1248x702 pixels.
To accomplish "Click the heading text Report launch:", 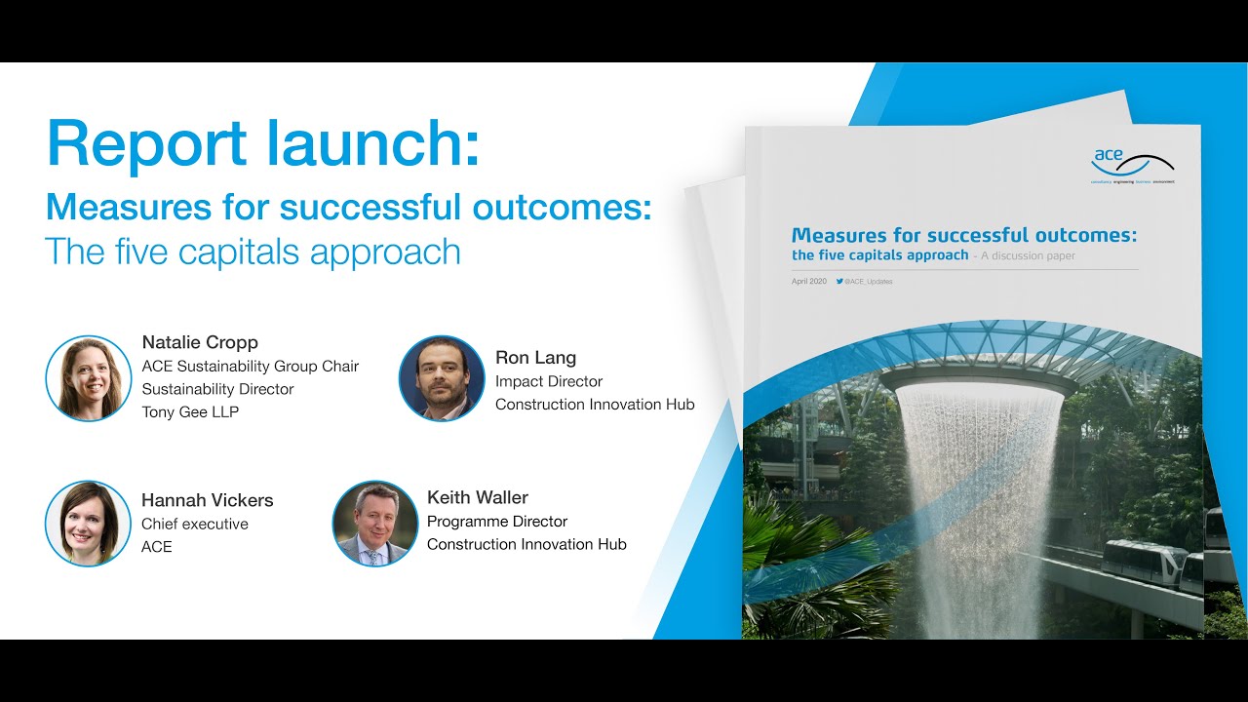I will pos(263,143).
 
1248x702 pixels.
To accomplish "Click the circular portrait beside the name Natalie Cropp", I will pos(89,378).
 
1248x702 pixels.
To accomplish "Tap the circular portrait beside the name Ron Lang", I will pos(442,378).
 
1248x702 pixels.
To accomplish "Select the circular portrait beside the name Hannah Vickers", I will pos(89,524).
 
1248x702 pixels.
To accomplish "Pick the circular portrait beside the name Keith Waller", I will pos(375,524).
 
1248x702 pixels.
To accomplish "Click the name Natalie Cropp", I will pos(200,342).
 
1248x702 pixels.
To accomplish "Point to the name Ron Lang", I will pos(535,357).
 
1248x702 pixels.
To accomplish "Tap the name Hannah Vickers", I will pos(207,500).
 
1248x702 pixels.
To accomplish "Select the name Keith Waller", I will pos(478,497).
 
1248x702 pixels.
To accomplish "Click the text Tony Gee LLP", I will pos(190,411).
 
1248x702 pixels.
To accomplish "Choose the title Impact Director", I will pos(549,381).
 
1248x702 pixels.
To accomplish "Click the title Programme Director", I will pos(497,522).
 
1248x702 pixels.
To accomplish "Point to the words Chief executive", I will pos(195,524).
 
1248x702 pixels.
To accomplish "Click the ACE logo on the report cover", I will pos(1132,163).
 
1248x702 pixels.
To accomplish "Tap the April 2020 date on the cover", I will pos(808,282).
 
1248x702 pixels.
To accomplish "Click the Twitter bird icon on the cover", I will pos(839,282).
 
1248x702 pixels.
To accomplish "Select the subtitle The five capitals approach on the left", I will pos(253,252).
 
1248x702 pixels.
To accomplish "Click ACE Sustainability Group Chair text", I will pos(251,367).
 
